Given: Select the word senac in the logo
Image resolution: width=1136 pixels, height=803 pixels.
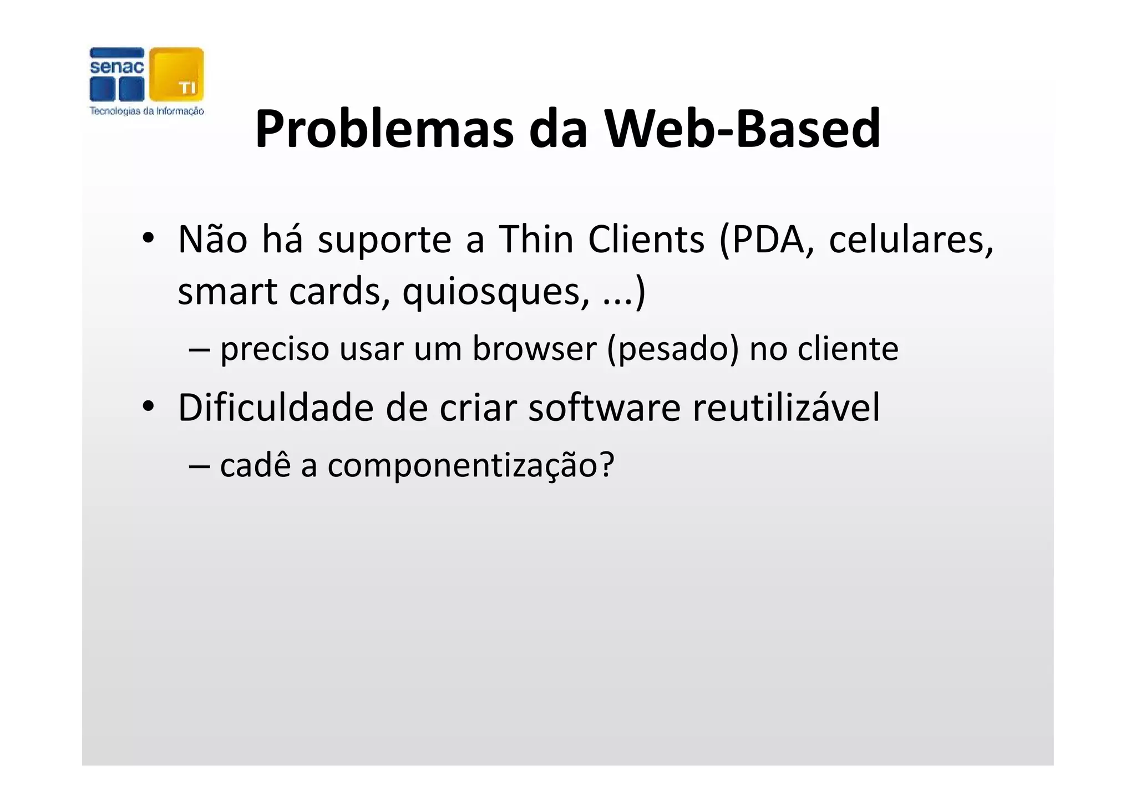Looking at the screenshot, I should point(116,68).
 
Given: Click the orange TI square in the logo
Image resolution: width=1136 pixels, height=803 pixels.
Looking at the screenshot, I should point(176,74).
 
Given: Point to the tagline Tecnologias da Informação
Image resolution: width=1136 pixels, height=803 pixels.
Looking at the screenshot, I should point(147,111).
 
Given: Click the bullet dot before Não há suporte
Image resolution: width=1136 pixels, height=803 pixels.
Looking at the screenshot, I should point(148,239).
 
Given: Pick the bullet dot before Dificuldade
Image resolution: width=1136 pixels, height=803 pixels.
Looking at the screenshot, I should point(148,407).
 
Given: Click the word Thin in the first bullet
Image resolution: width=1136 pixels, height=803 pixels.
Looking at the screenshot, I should point(536,240).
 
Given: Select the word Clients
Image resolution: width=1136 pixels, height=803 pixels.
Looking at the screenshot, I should point(646,240).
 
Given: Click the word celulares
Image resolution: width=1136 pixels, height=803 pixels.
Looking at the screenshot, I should point(910,240).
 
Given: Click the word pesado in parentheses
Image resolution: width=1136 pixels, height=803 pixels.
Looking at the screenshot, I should point(673,349).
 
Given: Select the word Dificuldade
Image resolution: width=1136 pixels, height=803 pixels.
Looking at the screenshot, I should point(275,408).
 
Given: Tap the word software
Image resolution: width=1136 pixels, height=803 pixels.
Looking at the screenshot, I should point(604,408).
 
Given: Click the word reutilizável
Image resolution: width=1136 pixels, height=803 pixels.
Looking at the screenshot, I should point(786,408).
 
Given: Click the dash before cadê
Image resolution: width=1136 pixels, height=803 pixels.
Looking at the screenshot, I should point(199,466).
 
